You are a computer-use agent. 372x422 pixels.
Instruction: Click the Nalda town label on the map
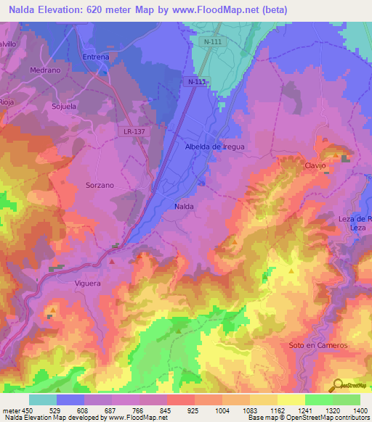coord(184,207)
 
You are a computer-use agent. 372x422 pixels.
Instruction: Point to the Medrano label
coord(44,70)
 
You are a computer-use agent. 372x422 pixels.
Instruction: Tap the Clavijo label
coord(314,166)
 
